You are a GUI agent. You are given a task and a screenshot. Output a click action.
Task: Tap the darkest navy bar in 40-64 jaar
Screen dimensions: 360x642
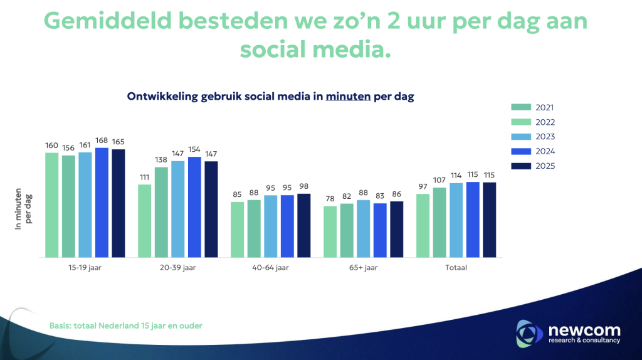(304, 225)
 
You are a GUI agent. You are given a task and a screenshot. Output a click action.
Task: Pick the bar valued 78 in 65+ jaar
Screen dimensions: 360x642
(330, 231)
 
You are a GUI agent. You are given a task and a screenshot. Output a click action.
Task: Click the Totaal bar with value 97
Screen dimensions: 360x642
(423, 225)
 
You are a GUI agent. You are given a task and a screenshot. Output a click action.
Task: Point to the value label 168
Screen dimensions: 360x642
(102, 141)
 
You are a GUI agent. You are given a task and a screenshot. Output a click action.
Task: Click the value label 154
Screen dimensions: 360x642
(194, 150)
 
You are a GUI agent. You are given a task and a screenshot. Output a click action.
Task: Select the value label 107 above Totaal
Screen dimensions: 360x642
(439, 181)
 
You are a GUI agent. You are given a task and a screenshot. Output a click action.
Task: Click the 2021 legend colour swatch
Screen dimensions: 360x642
(521, 107)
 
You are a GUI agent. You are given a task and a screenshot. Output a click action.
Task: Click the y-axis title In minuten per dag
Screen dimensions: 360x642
(24, 208)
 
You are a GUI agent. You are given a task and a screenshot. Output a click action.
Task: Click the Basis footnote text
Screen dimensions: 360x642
(125, 326)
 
